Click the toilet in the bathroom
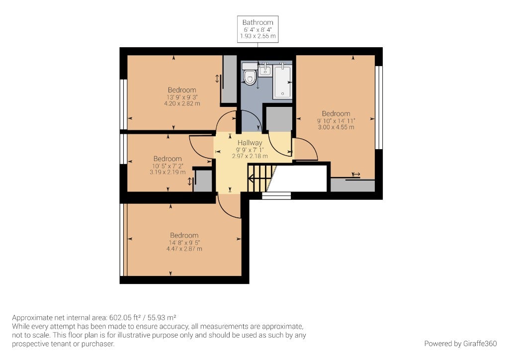[250, 75]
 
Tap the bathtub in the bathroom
[283, 81]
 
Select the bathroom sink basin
[265, 70]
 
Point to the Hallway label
[250, 143]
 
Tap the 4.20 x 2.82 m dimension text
[182, 104]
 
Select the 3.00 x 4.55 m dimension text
[336, 127]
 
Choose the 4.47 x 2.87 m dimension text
[184, 249]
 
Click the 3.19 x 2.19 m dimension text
[168, 173]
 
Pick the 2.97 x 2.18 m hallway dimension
[250, 156]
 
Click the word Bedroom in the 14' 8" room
[184, 235]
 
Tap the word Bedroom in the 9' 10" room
[336, 113]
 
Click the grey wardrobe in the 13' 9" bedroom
[230, 80]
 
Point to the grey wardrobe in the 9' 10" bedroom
[352, 185]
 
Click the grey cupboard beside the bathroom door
[279, 119]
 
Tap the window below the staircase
[276, 196]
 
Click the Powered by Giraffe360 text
[460, 344]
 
